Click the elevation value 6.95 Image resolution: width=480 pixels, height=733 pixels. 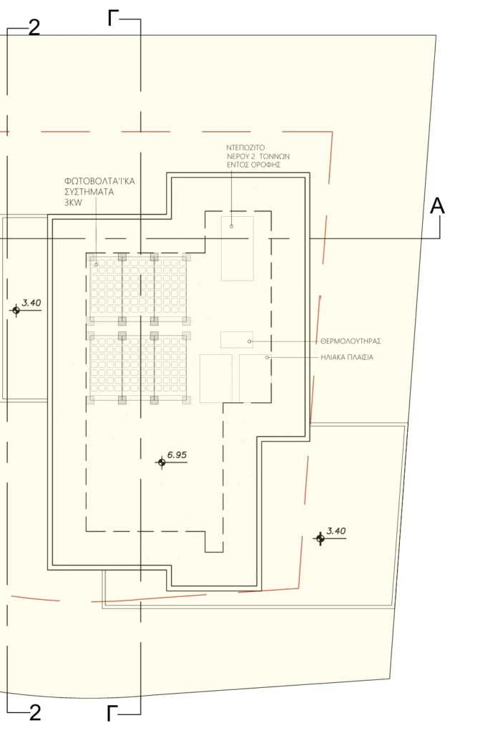click(x=177, y=455)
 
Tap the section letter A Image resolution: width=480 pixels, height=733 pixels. click(x=437, y=205)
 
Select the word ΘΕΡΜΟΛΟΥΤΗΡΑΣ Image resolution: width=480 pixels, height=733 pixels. click(x=351, y=341)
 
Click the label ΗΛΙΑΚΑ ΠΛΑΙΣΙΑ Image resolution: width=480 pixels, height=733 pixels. click(x=347, y=357)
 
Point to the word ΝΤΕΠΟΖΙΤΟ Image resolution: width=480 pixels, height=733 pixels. click(x=245, y=147)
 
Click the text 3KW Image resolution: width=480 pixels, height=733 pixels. click(x=73, y=203)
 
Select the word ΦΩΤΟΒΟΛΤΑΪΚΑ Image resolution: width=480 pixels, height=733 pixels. click(x=99, y=181)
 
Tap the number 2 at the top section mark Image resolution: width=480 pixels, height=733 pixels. click(x=34, y=28)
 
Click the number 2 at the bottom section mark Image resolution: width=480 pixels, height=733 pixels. click(x=35, y=713)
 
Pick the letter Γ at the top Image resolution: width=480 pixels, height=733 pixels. click(x=112, y=19)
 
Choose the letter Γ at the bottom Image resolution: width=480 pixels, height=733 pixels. click(x=112, y=714)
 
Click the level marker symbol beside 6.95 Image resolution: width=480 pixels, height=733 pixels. click(x=162, y=462)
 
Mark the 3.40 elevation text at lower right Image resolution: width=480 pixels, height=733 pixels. click(x=336, y=531)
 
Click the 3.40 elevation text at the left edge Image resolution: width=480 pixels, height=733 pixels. click(x=31, y=303)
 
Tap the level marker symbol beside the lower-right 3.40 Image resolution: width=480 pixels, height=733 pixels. click(x=320, y=538)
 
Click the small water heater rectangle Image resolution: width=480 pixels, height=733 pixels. click(x=237, y=340)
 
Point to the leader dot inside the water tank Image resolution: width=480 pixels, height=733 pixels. click(x=231, y=226)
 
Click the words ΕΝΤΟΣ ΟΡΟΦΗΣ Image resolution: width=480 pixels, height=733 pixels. click(x=253, y=165)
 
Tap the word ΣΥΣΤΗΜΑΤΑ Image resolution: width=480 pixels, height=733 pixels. click(x=89, y=192)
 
